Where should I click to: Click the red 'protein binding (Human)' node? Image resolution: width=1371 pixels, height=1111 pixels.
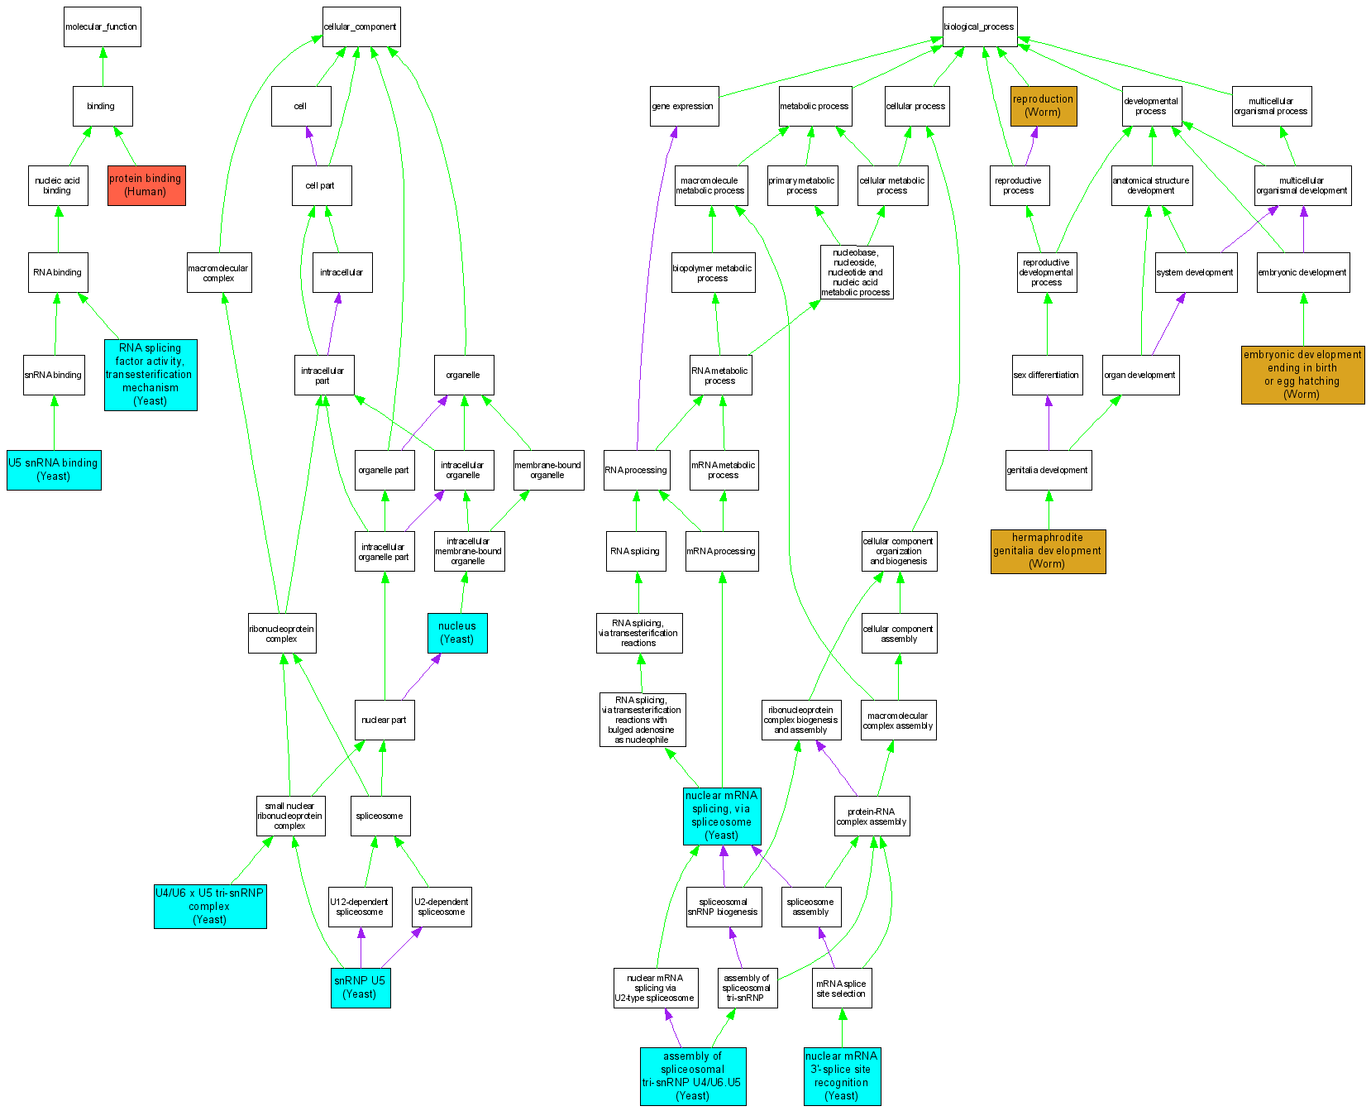point(146,185)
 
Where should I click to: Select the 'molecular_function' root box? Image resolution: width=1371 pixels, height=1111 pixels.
point(103,27)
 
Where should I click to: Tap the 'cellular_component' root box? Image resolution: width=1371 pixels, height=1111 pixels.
point(361,27)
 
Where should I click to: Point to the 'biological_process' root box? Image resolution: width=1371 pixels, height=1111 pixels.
point(980,27)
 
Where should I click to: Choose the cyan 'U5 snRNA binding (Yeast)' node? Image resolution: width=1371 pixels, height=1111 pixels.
point(54,470)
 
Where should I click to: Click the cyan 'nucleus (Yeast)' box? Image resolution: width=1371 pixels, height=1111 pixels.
point(457,633)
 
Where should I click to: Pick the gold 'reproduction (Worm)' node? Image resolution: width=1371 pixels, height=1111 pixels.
point(1044,106)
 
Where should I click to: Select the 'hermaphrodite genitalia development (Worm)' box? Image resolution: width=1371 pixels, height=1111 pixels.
point(1048,551)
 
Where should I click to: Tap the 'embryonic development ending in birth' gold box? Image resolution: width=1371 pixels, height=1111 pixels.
point(1302,375)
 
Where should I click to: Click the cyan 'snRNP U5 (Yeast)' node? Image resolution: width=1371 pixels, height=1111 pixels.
point(361,988)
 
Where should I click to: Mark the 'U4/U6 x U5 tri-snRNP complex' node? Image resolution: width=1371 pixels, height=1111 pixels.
point(210,907)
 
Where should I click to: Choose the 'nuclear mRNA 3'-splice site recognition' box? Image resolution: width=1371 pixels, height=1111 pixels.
point(842,1076)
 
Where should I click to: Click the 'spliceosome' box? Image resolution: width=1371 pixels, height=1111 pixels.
point(380,816)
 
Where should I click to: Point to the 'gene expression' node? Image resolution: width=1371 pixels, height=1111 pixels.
point(684,107)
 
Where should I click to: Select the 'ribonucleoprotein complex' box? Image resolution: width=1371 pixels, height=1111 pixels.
point(282,634)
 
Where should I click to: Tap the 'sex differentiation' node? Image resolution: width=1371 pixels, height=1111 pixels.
point(1047,376)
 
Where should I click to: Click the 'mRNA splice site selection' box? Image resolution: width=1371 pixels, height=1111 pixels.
point(842,989)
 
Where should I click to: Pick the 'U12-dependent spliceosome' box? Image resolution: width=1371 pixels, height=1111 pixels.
point(360,907)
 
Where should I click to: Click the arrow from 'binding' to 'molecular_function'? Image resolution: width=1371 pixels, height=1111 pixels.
point(103,67)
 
